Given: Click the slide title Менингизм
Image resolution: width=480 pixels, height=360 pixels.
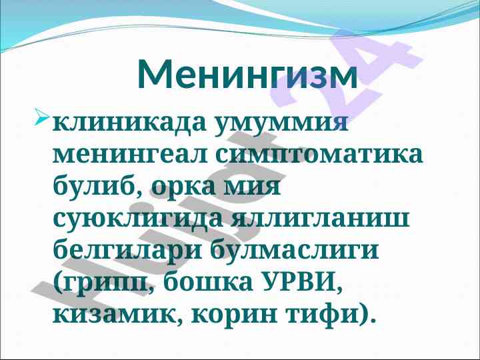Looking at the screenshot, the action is point(247,74).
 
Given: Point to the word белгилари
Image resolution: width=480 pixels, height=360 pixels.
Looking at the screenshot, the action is point(127,251).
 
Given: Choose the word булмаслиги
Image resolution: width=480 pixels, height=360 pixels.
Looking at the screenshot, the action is point(294,251).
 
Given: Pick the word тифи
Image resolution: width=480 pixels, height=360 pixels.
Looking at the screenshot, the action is point(325,315).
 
